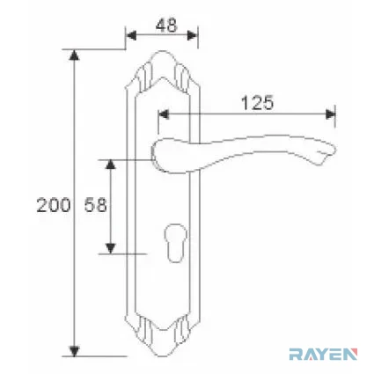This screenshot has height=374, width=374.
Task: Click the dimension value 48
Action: point(166,26)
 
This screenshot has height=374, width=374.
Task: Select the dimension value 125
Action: point(257,103)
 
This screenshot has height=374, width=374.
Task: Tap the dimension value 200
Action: point(54,205)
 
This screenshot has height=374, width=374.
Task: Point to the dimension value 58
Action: point(95,205)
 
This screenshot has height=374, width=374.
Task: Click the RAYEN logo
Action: point(323,354)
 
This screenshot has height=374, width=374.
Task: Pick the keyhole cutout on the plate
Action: point(174,243)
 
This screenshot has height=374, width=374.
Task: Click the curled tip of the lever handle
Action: point(326,154)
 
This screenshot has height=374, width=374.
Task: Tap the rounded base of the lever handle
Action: point(160,155)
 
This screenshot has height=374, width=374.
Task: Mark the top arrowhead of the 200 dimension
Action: point(74,55)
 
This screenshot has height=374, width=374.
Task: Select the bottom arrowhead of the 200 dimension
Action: point(74,351)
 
